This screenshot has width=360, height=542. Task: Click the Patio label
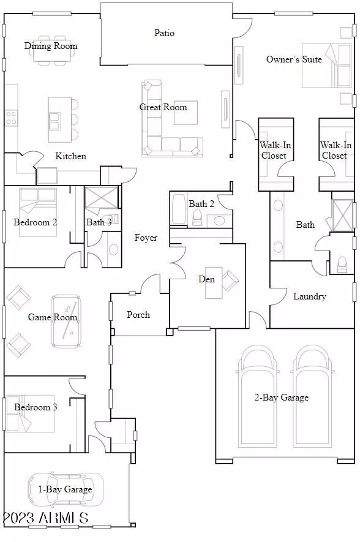tap(164, 33)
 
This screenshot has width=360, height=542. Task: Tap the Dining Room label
tap(51, 46)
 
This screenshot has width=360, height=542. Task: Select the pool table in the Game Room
tap(66, 321)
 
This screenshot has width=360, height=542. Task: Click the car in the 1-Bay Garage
tap(66, 489)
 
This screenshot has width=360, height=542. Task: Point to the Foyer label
tap(146, 238)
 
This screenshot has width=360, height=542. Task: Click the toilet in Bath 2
tap(197, 217)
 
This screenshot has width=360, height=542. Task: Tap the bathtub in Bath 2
tap(179, 209)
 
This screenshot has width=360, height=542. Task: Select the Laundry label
tap(310, 296)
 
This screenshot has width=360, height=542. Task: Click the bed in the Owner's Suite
tap(327, 66)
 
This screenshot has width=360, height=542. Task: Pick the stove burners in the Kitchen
tap(11, 118)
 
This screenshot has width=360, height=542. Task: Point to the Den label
tap(206, 279)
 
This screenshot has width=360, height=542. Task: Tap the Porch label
tap(138, 315)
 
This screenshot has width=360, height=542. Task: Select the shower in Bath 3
tap(102, 198)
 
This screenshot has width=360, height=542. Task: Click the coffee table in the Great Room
tap(186, 113)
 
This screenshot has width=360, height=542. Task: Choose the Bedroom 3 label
tap(36, 407)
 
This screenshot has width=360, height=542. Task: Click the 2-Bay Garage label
tap(282, 397)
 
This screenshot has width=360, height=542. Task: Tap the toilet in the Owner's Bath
tap(342, 265)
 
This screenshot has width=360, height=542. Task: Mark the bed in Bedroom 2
tap(38, 213)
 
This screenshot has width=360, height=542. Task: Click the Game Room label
tap(53, 317)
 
